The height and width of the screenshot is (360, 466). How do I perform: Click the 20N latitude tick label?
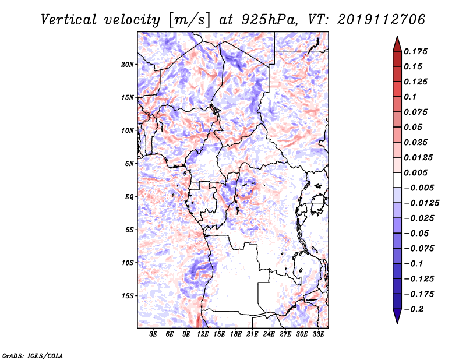tap(128, 65)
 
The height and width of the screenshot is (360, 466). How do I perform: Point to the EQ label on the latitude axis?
tap(129, 197)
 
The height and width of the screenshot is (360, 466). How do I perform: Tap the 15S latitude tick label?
tap(128, 296)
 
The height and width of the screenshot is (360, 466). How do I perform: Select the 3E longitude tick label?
tap(153, 334)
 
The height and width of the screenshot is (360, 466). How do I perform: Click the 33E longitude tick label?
tap(318, 334)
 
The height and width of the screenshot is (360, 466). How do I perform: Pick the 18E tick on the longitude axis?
tap(236, 334)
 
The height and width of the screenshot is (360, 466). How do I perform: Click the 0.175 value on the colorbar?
tap(415, 51)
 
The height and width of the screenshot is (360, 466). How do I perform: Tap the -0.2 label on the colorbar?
tap(414, 309)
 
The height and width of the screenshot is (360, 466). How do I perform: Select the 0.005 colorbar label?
tap(415, 172)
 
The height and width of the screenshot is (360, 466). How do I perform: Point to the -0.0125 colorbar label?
tap(421, 203)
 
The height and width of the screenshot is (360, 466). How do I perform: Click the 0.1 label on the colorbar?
tap(410, 97)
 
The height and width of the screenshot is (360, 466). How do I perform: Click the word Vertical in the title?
tap(69, 20)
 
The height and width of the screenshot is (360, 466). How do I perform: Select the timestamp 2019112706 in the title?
tap(382, 20)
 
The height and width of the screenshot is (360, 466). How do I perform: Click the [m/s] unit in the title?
tap(189, 20)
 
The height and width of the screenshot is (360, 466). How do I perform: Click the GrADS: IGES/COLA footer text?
tap(33, 356)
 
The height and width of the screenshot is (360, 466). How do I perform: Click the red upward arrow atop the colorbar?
tap(397, 44)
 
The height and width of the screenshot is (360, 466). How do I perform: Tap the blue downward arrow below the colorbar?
tap(397, 316)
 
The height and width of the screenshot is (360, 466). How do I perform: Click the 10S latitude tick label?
tap(128, 263)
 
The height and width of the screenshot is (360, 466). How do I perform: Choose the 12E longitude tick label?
tap(203, 334)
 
